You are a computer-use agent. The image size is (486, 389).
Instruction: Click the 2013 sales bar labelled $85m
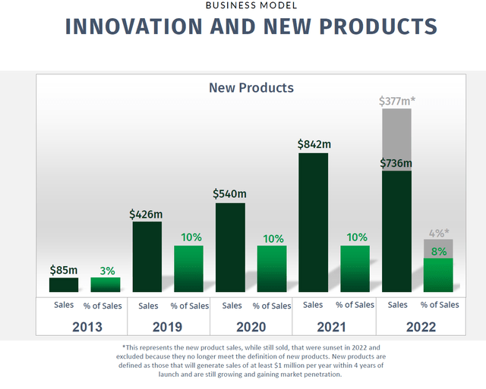tap(64, 285)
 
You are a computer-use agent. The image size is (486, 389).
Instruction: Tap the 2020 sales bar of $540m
tap(230, 247)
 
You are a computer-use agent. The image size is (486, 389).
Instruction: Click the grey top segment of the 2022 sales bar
tap(396, 140)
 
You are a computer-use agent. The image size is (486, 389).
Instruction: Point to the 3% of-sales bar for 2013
tap(106, 285)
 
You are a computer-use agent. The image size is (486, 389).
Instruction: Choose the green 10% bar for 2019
tap(188, 269)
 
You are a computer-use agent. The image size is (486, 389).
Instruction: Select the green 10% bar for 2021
tap(355, 269)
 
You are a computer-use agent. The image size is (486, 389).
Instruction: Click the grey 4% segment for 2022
tap(438, 249)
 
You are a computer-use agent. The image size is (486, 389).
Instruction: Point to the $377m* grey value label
tap(396, 100)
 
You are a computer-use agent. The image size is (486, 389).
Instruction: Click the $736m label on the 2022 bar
tap(396, 163)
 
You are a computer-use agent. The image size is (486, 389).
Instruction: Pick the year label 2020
tap(251, 327)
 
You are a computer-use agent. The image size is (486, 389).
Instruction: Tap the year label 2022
tap(417, 327)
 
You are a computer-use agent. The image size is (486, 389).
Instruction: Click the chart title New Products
tap(251, 88)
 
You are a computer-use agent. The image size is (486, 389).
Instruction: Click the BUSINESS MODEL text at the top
tap(251, 5)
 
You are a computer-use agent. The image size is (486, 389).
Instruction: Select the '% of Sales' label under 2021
tap(355, 305)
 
